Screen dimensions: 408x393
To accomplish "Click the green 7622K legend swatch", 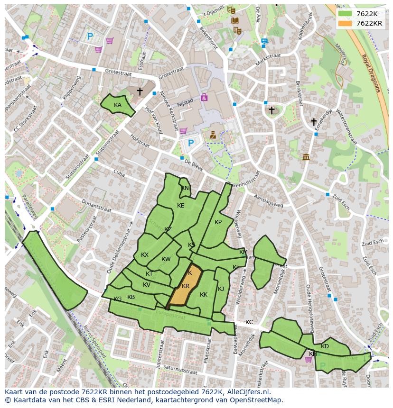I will (x=345, y=14).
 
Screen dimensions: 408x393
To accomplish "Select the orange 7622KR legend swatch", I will (x=345, y=23).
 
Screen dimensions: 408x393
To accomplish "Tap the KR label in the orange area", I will (x=186, y=286).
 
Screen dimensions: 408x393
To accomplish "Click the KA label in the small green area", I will (x=118, y=105).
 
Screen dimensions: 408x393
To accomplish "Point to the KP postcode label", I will (x=218, y=222).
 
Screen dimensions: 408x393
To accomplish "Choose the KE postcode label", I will (x=180, y=206).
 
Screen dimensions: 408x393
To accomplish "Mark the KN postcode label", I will (x=185, y=188).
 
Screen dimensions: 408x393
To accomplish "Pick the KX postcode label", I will (x=145, y=255).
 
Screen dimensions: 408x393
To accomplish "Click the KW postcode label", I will (x=166, y=259).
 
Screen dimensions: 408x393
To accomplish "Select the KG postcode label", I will (x=118, y=299).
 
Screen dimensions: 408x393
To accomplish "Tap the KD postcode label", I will (x=325, y=346).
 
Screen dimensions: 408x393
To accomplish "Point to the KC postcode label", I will (x=249, y=322).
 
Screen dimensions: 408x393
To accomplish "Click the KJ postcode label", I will (x=221, y=289).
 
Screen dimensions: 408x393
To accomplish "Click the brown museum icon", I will (x=306, y=157).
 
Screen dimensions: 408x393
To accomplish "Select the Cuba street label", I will (x=119, y=174).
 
